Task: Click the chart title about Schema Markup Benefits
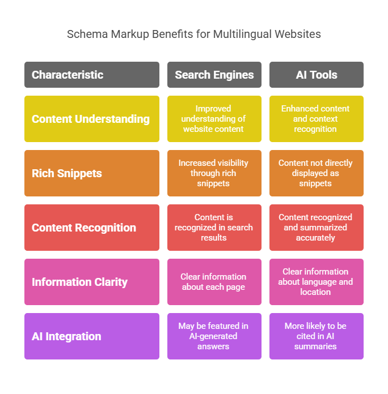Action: point(193,34)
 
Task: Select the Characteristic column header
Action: point(91,75)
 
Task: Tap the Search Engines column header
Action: point(214,75)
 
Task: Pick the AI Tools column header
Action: point(316,75)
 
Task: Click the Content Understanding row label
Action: point(91,119)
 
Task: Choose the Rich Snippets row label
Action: point(91,173)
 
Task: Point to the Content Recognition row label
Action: point(91,228)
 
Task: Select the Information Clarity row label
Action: point(91,282)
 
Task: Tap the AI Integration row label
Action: point(91,336)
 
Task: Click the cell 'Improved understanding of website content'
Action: point(214,119)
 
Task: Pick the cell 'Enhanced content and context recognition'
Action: point(316,119)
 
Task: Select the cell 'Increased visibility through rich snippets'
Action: point(214,173)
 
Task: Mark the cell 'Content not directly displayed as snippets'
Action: point(316,173)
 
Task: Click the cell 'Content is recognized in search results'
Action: point(214,228)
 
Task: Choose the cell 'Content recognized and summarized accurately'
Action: point(316,228)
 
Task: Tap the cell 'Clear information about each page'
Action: point(214,282)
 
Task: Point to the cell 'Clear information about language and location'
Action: point(316,282)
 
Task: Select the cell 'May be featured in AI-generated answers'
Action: point(214,336)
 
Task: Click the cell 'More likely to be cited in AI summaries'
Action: point(316,336)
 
